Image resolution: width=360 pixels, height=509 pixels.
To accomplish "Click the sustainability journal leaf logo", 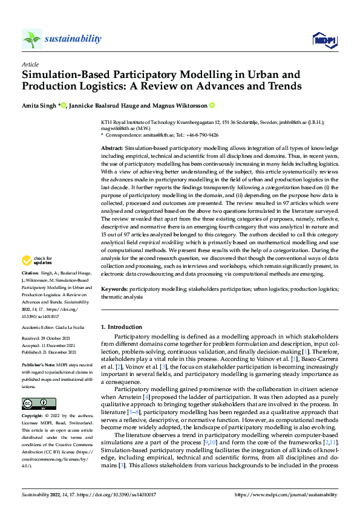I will [31, 39].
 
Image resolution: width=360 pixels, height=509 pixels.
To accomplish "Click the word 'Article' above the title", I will [30, 63].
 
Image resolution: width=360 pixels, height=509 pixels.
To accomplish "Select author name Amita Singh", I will [39, 105].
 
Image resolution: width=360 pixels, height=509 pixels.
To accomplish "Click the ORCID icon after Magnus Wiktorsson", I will [212, 105].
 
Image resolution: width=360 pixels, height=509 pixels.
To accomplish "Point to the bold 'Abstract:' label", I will [112, 148].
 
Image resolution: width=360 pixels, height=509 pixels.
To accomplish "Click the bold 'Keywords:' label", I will [114, 290].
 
